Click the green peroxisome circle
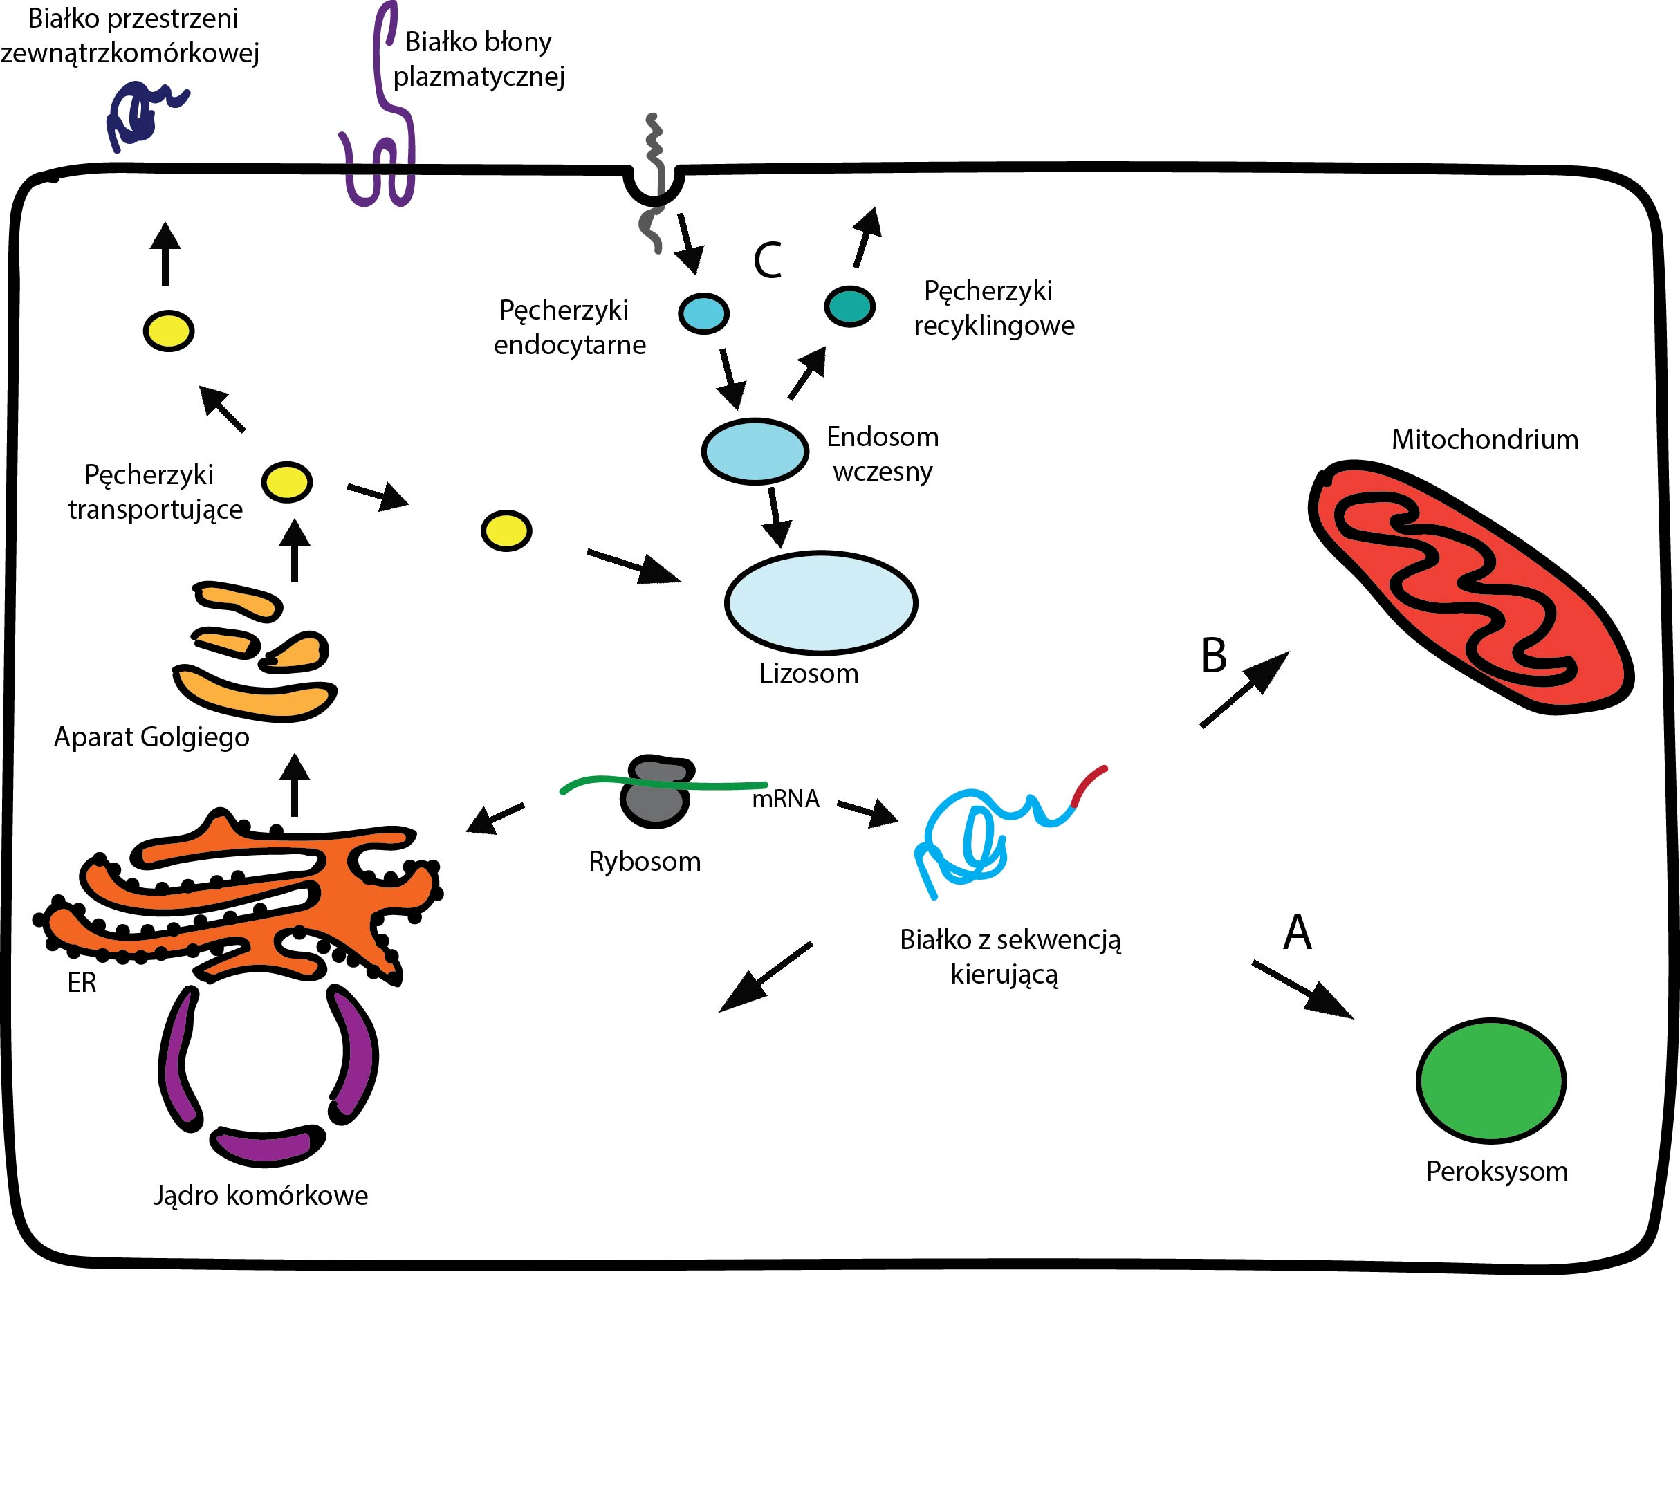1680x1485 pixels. point(1490,1080)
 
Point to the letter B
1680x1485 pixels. point(1213,656)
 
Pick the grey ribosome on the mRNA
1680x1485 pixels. point(656,794)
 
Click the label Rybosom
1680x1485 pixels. point(645,861)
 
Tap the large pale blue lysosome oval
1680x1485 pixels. point(820,602)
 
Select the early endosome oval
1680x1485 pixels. point(755,451)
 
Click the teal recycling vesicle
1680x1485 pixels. point(849,306)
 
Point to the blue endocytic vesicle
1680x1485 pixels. point(703,313)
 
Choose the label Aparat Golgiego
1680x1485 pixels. point(151,737)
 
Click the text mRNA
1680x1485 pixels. point(786,799)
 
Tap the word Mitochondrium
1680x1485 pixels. point(1484,440)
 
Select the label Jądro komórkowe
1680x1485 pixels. point(261,1195)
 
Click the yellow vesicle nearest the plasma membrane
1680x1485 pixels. point(169,331)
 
